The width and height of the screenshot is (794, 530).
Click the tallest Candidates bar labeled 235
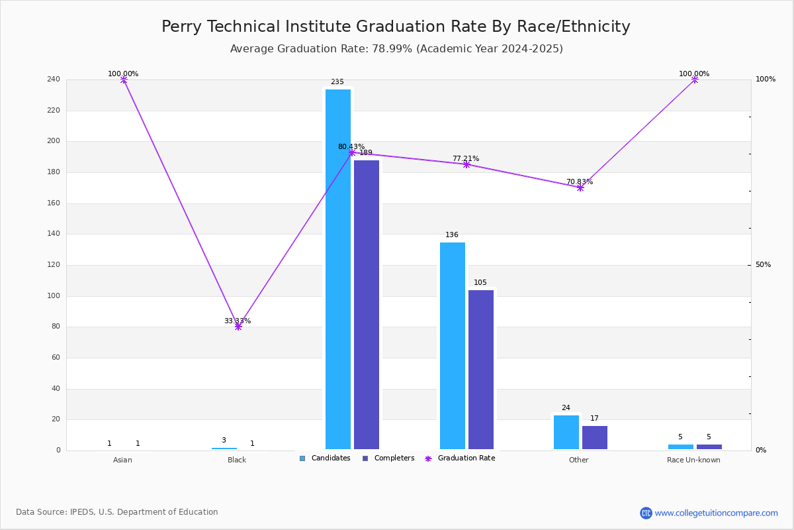[338, 269]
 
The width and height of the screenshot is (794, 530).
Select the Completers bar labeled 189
[367, 305]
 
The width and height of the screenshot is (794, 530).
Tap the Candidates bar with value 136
[453, 346]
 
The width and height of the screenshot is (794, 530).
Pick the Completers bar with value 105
[481, 370]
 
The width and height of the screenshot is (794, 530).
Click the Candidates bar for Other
[566, 432]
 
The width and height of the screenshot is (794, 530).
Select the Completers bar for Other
[595, 437]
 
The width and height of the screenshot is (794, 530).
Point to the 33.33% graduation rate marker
[238, 327]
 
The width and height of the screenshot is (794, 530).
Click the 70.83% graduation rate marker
[580, 187]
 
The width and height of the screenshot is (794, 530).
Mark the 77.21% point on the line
[466, 164]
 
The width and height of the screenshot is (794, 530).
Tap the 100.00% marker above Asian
[124, 79]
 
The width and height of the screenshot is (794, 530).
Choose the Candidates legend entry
[325, 458]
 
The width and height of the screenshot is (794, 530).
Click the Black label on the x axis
[237, 460]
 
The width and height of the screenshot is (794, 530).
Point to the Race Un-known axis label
[693, 460]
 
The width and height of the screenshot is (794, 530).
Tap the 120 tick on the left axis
[54, 265]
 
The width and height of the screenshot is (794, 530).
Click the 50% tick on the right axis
[763, 265]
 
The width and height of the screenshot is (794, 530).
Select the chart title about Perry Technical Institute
[396, 26]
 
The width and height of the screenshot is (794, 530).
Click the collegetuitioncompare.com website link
[716, 513]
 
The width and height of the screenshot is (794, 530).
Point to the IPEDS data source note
[117, 512]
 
